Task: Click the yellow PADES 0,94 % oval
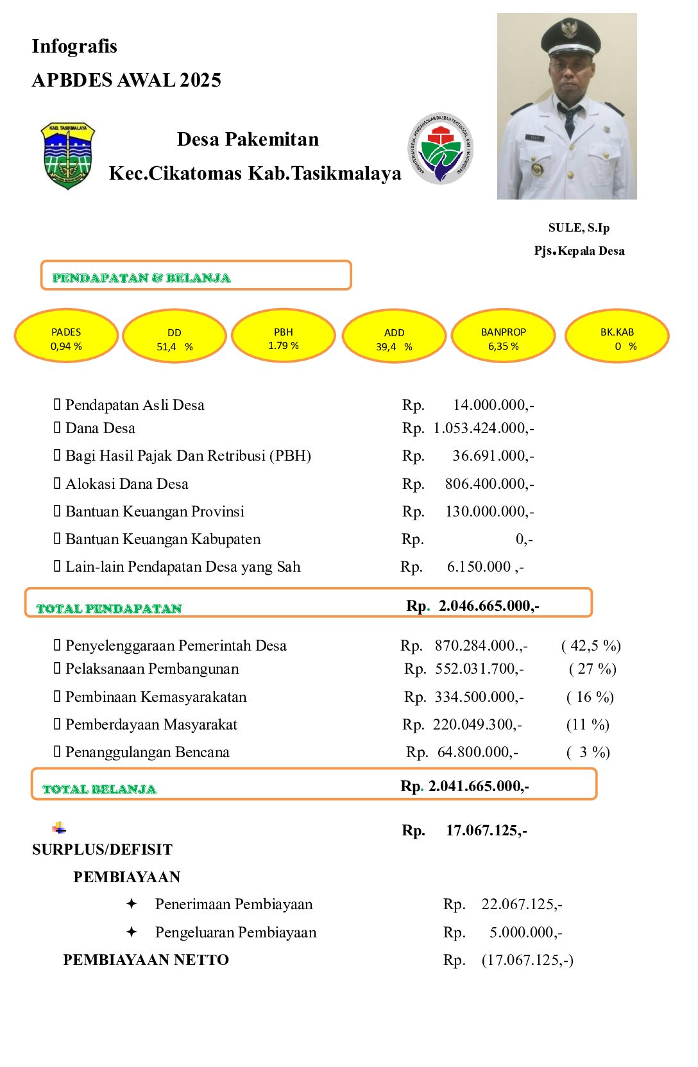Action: click(x=66, y=336)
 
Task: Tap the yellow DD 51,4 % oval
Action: click(x=174, y=336)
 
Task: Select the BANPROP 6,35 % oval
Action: click(x=504, y=336)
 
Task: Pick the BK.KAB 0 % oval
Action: click(x=617, y=336)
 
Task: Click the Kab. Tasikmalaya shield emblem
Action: click(x=67, y=155)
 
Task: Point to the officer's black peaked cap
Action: click(x=570, y=37)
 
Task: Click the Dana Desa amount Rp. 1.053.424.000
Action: click(x=483, y=428)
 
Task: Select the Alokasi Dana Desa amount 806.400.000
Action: click(x=489, y=484)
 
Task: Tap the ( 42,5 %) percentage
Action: click(x=591, y=645)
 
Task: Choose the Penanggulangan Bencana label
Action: click(x=147, y=752)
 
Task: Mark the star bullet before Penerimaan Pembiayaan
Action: click(x=132, y=904)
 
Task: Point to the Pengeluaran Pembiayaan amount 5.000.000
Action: click(x=525, y=932)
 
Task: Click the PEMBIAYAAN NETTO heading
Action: click(x=146, y=960)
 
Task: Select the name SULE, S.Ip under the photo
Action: click(x=579, y=228)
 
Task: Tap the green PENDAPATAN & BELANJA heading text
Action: click(x=141, y=278)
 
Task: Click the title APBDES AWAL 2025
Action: click(x=126, y=80)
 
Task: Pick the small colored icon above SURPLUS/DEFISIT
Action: click(x=59, y=828)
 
